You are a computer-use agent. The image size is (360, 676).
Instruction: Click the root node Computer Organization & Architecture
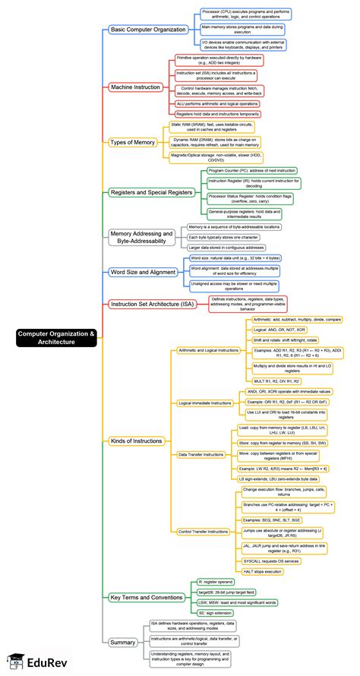(x=57, y=338)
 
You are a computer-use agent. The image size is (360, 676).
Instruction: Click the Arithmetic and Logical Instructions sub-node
(x=207, y=350)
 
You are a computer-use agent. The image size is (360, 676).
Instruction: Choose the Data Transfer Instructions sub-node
(x=201, y=454)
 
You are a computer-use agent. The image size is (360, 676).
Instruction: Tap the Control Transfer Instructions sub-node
(x=204, y=530)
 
